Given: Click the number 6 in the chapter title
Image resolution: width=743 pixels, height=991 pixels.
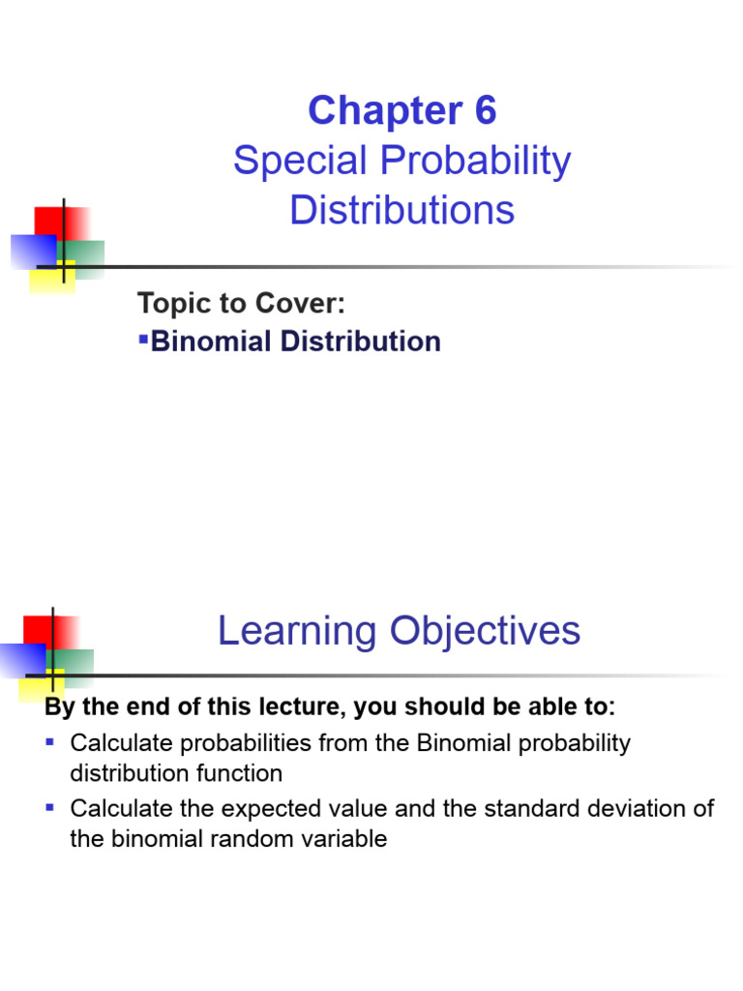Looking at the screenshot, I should [x=484, y=112].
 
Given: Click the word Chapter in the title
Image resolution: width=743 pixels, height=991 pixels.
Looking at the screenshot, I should [x=385, y=112].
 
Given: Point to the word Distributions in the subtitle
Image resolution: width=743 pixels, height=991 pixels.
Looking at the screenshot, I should [x=402, y=210].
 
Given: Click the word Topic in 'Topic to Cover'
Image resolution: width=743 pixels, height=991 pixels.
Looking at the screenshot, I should [x=170, y=304].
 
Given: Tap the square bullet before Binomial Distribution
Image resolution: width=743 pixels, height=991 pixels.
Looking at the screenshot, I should [x=143, y=338].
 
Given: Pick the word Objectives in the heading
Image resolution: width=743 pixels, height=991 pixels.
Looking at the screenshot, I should [x=486, y=631].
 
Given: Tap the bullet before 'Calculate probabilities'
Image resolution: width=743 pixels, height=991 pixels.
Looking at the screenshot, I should [x=51, y=742].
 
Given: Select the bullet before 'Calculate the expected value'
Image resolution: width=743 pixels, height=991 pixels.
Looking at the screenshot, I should [x=51, y=807].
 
